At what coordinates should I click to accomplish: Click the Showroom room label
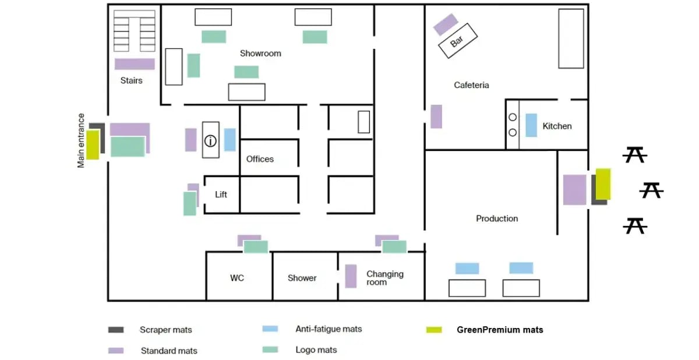pos(260,54)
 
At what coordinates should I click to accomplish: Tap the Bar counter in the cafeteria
pos(458,41)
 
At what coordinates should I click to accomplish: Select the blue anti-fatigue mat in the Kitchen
pos(531,125)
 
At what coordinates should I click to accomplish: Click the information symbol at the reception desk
pos(210,141)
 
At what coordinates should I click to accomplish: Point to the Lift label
pos(221,195)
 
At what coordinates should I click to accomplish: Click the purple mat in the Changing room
pos(351,276)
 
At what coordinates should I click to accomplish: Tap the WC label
pos(237,278)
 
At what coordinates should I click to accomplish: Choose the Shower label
pos(302,278)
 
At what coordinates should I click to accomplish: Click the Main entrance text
pos(81,140)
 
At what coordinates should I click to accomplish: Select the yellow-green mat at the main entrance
pos(93,145)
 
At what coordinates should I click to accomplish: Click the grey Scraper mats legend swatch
pos(116,330)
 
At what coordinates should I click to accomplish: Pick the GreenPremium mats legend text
pos(500,330)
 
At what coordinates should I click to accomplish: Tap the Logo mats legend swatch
pos(270,350)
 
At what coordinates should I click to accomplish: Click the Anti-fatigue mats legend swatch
pos(270,329)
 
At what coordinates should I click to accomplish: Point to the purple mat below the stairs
pos(135,64)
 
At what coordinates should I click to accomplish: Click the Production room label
pos(497,218)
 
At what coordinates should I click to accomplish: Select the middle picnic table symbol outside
pos(651,190)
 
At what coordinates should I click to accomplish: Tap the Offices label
pos(260,159)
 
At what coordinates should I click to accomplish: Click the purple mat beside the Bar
pos(446,24)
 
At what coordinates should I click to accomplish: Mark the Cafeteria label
pos(471,85)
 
